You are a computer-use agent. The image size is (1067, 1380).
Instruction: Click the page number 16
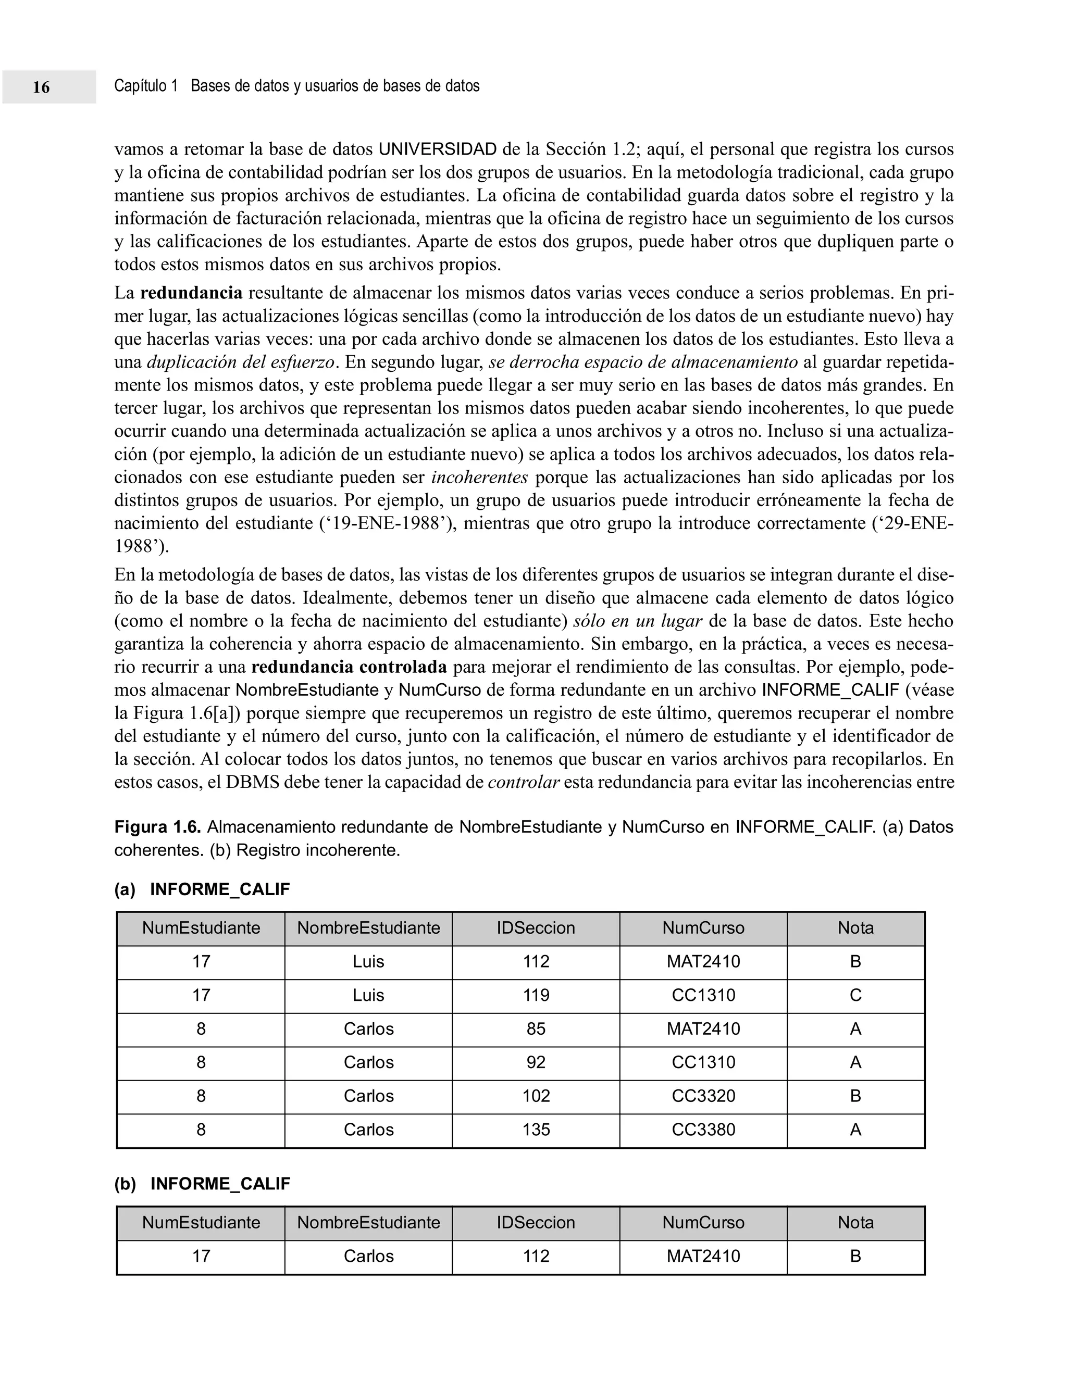41,87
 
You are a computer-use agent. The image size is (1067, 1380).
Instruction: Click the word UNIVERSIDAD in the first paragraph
438,150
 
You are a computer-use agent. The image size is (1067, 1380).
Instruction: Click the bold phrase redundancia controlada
349,667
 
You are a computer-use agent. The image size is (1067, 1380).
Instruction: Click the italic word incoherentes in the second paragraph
480,478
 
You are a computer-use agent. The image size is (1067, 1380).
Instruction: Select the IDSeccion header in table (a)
536,928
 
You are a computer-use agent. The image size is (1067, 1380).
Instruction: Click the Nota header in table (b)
855,1223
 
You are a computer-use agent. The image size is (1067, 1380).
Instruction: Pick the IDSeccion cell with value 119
536,996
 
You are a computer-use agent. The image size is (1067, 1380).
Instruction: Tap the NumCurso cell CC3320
703,1096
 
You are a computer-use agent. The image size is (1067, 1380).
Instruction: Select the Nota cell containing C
855,996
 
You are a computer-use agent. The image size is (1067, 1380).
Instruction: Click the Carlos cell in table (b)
368,1256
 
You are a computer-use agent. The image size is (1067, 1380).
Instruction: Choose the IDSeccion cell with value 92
536,1063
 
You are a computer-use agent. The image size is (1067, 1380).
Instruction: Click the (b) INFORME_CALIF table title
202,1184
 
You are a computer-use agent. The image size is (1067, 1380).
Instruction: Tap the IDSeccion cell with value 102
536,1096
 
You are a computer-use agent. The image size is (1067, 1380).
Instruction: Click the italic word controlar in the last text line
524,783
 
